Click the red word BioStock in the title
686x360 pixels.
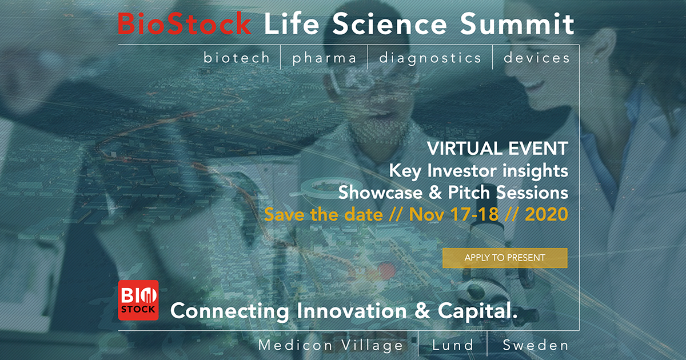click(185, 23)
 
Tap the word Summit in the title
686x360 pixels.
click(517, 23)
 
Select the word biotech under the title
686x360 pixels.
click(237, 58)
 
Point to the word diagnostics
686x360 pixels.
click(430, 58)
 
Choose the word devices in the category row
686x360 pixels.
click(537, 58)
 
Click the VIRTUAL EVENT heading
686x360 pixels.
click(498, 149)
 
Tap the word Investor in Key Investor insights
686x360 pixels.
click(462, 170)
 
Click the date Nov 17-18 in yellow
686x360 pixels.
click(453, 214)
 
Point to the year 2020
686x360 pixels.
click(547, 214)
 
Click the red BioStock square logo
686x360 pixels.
click(138, 300)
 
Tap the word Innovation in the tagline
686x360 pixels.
click(352, 310)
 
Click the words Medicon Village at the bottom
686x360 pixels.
click(330, 345)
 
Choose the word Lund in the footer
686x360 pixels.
click(453, 345)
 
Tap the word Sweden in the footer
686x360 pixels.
click(535, 345)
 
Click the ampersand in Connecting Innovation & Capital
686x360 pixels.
click(422, 311)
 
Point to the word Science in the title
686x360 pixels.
click(389, 23)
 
